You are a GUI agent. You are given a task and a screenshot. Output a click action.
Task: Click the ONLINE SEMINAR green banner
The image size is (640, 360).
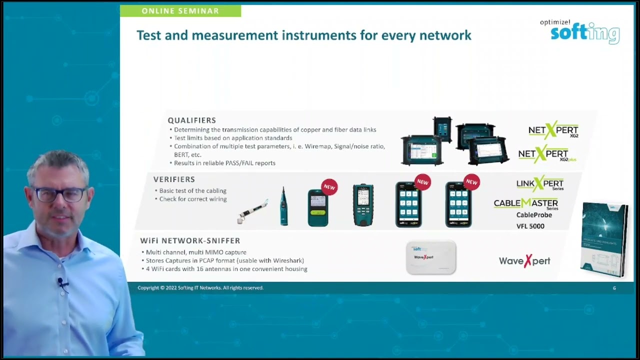[180, 11]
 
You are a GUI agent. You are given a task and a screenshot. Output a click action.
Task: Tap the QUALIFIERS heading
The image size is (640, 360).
[192, 120]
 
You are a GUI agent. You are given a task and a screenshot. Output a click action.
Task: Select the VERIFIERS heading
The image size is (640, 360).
[174, 179]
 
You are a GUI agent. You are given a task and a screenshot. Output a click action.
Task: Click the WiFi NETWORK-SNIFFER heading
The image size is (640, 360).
[190, 241]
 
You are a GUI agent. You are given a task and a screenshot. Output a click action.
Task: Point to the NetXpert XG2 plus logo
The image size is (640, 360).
[547, 154]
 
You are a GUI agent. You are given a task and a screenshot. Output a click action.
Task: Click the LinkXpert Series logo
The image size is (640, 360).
[540, 183]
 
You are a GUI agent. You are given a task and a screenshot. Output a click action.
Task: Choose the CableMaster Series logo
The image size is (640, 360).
[526, 203]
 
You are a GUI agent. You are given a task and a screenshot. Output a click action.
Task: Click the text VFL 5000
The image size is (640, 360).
[530, 226]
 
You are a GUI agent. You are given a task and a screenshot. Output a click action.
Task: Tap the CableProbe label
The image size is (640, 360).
[534, 215]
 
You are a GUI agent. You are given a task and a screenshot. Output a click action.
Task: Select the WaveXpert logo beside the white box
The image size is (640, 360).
[524, 261]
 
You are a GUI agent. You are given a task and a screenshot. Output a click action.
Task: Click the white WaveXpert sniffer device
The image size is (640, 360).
[430, 257]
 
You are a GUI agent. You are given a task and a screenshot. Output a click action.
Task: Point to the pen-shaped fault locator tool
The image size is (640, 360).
[253, 211]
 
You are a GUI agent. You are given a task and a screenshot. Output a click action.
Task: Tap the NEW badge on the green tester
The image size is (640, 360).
[329, 187]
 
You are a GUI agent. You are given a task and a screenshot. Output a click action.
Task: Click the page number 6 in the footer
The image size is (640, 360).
[614, 288]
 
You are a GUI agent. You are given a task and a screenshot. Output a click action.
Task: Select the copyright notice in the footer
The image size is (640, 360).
[200, 288]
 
